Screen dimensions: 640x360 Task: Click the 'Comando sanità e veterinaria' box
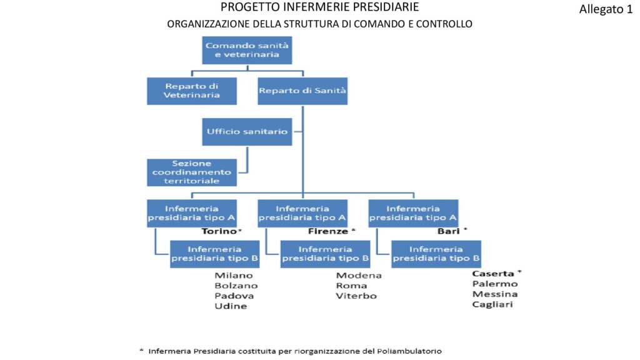coord(247,50)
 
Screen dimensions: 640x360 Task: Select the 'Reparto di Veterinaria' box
coord(192,91)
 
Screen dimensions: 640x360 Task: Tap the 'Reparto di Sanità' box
coord(302,91)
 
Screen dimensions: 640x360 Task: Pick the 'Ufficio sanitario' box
coord(247,131)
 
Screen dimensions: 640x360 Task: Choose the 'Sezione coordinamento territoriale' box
coord(192,172)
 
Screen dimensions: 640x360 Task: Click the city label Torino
coord(219,231)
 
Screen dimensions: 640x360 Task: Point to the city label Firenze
coord(328,231)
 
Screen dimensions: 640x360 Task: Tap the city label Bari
coord(449,231)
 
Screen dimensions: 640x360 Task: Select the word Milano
coord(234,276)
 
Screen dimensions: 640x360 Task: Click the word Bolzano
coord(236,286)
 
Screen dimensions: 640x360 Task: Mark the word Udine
coord(231,306)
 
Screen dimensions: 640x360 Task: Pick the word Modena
coord(359,276)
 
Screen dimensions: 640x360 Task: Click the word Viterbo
coord(356,296)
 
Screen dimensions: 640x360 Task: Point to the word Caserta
coord(493,274)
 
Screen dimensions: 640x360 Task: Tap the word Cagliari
coord(492,304)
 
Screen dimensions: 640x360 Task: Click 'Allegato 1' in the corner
coord(606,9)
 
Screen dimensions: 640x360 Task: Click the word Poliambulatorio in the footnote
coord(409,351)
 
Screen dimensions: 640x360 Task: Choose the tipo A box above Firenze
coord(302,213)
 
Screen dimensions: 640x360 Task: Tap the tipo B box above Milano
coord(215,254)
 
